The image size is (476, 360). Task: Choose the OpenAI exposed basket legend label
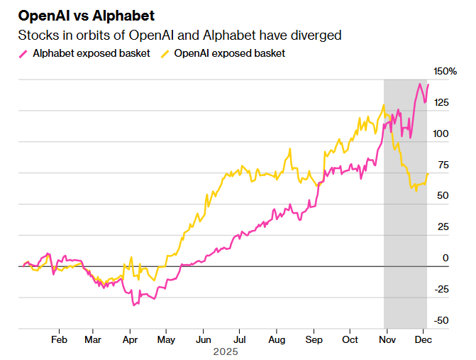(229, 53)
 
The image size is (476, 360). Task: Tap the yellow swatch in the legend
(165, 53)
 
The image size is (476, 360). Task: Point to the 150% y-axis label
(445, 71)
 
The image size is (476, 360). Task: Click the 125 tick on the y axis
(441, 103)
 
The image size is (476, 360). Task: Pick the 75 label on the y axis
(444, 165)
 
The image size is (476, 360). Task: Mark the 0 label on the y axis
(446, 258)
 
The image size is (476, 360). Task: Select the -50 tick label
(441, 320)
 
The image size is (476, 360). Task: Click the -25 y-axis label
(441, 289)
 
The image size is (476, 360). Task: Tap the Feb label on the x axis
(59, 339)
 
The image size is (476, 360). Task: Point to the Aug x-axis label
(277, 339)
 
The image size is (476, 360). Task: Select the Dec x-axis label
(424, 339)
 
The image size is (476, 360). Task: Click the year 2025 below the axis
(225, 351)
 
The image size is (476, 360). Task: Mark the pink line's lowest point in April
(133, 305)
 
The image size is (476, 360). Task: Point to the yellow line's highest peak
(384, 106)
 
